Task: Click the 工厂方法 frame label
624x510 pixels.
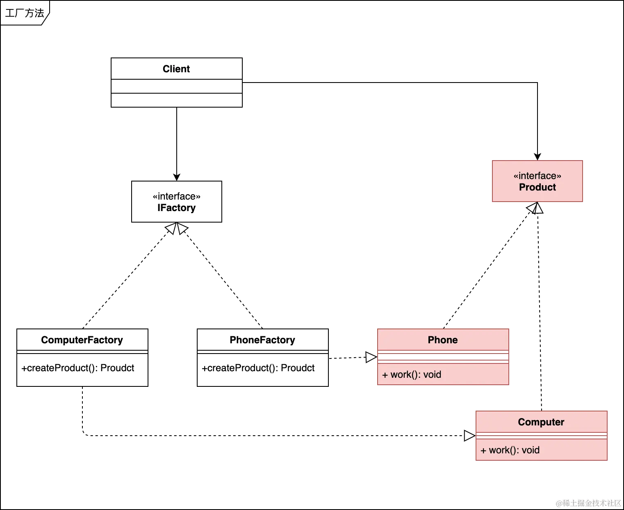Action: (x=24, y=13)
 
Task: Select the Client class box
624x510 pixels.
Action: (x=176, y=69)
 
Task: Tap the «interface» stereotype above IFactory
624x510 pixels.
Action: (x=176, y=196)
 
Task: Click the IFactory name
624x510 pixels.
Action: (x=176, y=208)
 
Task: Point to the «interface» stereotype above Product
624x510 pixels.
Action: (x=537, y=176)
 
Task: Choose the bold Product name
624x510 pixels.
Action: (x=537, y=187)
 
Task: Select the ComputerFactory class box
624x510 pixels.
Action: (x=82, y=340)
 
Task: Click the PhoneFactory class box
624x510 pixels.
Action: (x=262, y=340)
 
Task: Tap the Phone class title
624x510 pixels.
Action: (x=443, y=340)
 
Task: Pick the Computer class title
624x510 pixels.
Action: (x=541, y=422)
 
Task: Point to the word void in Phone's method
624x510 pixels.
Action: (x=432, y=374)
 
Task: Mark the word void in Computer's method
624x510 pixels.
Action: (x=531, y=450)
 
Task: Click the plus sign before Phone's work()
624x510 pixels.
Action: (x=385, y=375)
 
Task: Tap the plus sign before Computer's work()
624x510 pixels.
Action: (x=483, y=450)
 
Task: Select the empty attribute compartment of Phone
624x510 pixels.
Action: (x=443, y=356)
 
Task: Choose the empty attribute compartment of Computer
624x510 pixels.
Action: (x=541, y=436)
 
